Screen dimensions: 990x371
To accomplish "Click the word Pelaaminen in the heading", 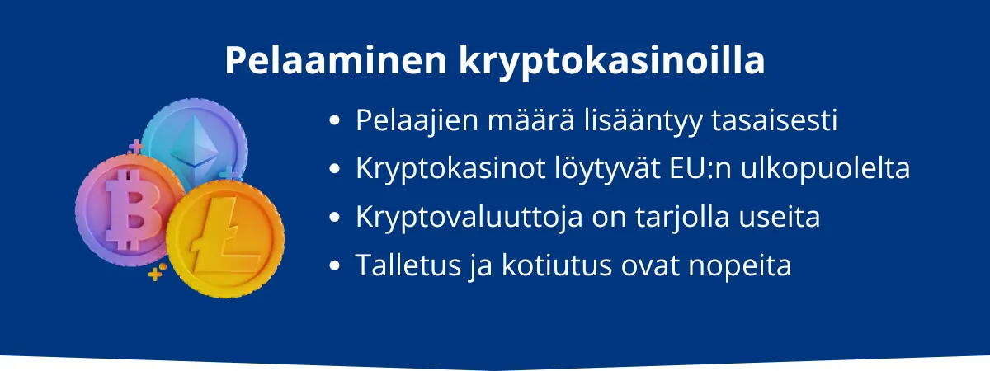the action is pyautogui.click(x=336, y=60).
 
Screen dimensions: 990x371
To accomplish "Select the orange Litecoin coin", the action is pyautogui.click(x=225, y=239).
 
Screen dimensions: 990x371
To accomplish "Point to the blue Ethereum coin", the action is pyautogui.click(x=195, y=141).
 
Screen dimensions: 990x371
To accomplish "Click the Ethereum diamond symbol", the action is pyautogui.click(x=195, y=142).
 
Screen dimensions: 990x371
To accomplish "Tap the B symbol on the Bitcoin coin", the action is pyautogui.click(x=131, y=209).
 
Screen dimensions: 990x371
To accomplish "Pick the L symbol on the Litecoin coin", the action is pyautogui.click(x=224, y=235).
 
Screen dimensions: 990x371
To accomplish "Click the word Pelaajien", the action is pyautogui.click(x=417, y=120).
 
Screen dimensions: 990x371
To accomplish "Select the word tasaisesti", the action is pyautogui.click(x=775, y=120).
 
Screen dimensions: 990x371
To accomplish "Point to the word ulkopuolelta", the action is pyautogui.click(x=825, y=169).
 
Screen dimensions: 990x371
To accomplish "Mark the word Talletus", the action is pyautogui.click(x=408, y=265).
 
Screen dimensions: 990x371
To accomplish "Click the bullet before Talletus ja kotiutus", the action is pyautogui.click(x=335, y=265).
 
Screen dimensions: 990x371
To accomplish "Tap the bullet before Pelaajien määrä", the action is pyautogui.click(x=335, y=120).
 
